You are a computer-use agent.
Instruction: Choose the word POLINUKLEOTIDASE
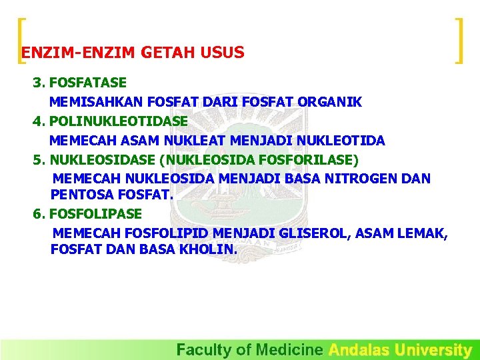point(119,121)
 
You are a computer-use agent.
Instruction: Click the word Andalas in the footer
point(359,349)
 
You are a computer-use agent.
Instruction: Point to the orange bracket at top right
point(459,41)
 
